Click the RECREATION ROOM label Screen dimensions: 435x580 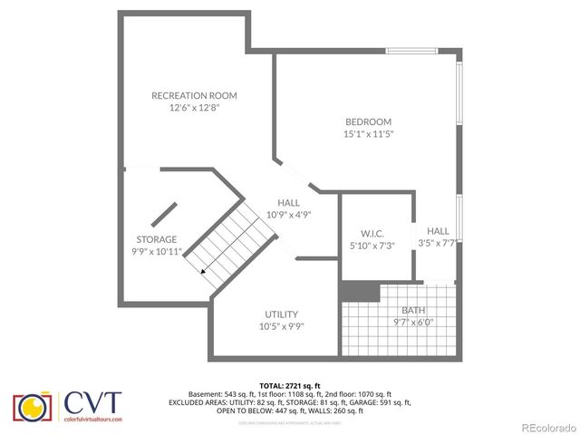pyautogui.click(x=194, y=95)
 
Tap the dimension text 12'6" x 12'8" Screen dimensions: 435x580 pyautogui.click(x=194, y=107)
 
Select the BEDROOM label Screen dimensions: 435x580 pyautogui.click(x=368, y=122)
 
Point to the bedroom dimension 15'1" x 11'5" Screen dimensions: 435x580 pyautogui.click(x=368, y=134)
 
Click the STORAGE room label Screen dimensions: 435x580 pyautogui.click(x=157, y=239)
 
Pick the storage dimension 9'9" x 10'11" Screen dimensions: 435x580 pyautogui.click(x=157, y=251)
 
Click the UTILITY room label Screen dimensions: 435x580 pyautogui.click(x=282, y=314)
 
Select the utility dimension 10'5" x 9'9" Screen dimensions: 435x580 pyautogui.click(x=282, y=325)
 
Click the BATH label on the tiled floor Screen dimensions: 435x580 pyautogui.click(x=401, y=310)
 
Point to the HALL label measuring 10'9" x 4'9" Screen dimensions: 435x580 pyautogui.click(x=289, y=203)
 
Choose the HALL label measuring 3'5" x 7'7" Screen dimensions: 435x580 pyautogui.click(x=439, y=231)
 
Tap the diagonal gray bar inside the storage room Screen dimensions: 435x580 pyautogui.click(x=164, y=213)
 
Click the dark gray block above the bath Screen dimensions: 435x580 pyautogui.click(x=360, y=291)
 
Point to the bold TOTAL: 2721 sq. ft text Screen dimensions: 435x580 pyautogui.click(x=289, y=386)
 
